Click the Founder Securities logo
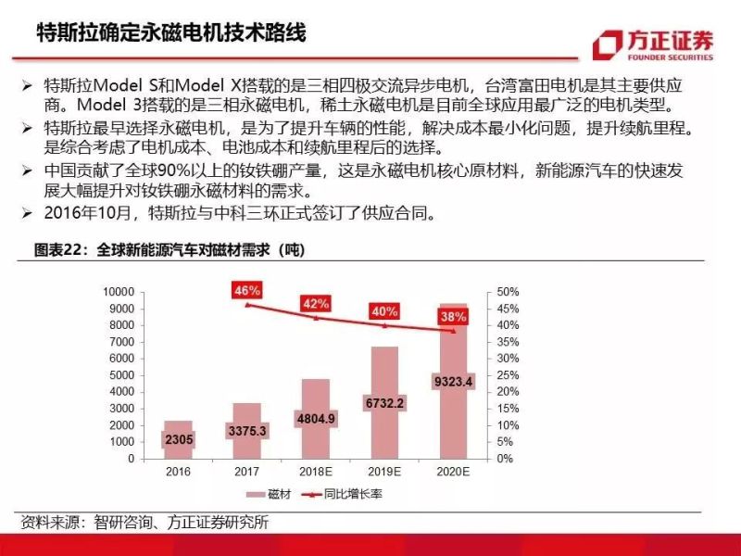[x=653, y=44]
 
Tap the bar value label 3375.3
[x=247, y=431]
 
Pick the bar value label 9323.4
[x=454, y=381]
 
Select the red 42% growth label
[x=316, y=303]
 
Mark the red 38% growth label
[x=453, y=316]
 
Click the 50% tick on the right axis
[x=508, y=292]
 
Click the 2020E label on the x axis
[x=453, y=472]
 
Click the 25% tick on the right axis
[x=508, y=375]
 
